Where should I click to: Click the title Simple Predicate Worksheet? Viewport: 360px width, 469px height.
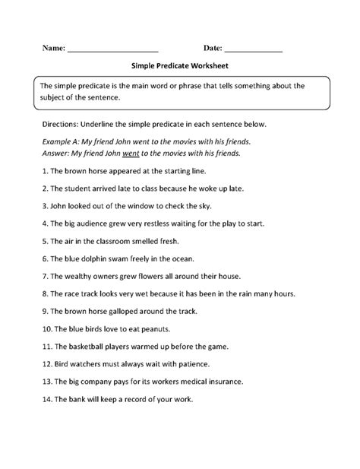coord(179,67)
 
